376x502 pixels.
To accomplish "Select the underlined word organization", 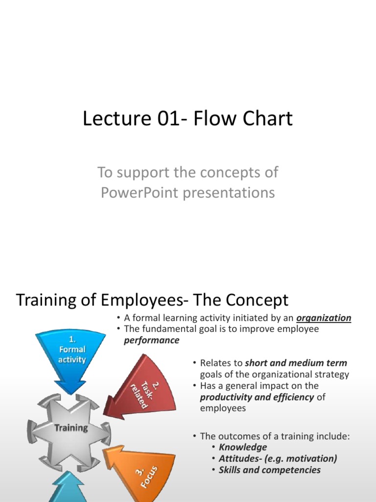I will pos(324,318).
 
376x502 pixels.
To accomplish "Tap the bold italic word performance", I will pos(152,340).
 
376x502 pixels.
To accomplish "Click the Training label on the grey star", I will pos(71,427).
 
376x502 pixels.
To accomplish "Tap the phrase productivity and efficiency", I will pos(257,397).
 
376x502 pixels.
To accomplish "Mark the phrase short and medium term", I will pos(296,363).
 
